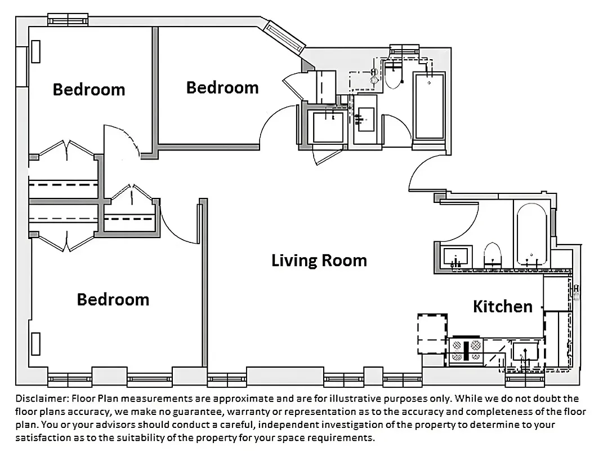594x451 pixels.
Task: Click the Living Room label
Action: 319,260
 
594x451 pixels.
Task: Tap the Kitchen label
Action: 502,306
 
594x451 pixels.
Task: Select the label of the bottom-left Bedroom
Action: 113,299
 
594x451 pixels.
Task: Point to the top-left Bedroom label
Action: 88,89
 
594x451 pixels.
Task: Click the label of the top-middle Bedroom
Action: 222,87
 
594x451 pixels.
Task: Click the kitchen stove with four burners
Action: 466,350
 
